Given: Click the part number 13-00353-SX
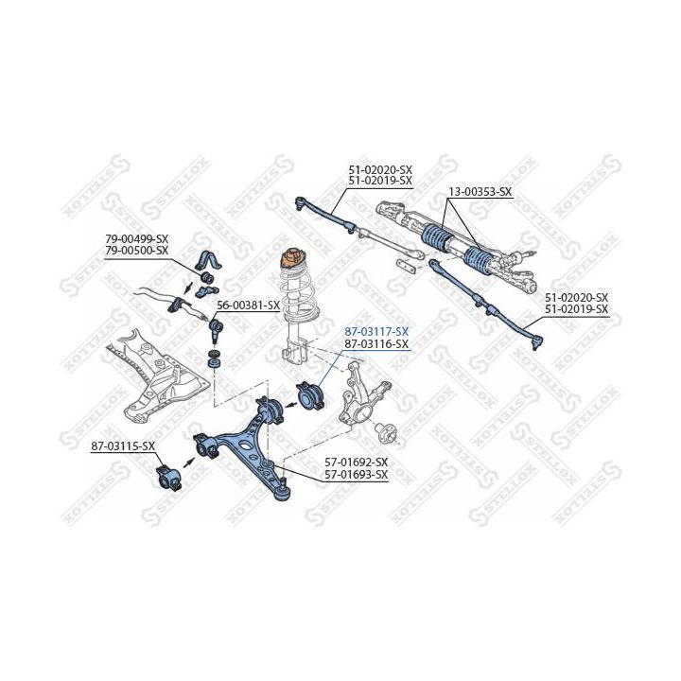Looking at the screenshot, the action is coord(480,191).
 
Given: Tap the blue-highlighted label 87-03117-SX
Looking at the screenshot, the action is coord(376,332).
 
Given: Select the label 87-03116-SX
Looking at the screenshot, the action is coord(376,344).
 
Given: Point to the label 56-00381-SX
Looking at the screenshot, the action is coord(249,306).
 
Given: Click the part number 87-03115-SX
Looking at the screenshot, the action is coord(123,446).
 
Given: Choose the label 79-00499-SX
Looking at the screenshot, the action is coord(136,239).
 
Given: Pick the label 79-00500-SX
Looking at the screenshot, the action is coord(136,251).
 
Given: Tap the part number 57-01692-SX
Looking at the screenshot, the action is coord(357,463).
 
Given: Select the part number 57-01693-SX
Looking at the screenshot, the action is coord(357,475).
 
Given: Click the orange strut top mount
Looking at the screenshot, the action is coord(292,259).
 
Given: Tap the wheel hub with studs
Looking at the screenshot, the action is coord(386,432).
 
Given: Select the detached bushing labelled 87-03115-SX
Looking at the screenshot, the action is coord(169,478).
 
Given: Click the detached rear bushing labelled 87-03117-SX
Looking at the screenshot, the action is coord(310,394).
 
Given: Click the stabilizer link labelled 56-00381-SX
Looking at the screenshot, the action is coord(215,329).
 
